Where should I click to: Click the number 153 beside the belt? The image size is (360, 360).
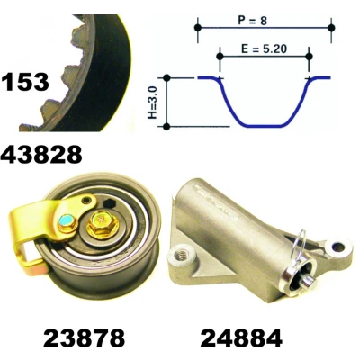tap(25, 82)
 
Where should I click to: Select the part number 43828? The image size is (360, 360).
tap(41, 155)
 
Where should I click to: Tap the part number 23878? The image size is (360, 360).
tap(85, 338)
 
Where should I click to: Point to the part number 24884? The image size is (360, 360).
tap(241, 338)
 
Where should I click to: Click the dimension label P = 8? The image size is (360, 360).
tap(252, 21)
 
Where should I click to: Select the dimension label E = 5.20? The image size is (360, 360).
tap(264, 49)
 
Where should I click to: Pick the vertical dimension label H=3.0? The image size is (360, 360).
tap(153, 103)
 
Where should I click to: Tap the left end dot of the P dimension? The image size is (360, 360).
tap(198, 28)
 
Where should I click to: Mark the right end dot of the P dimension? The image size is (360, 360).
tap(331, 28)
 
